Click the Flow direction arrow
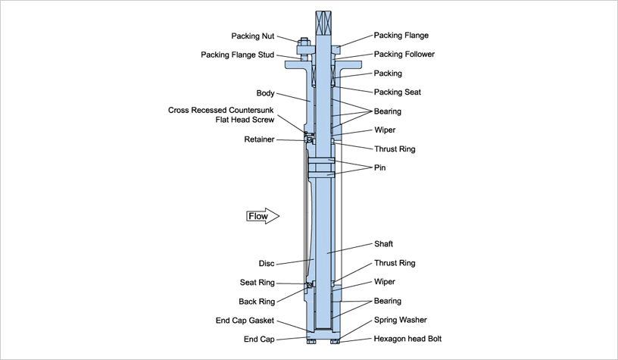click(x=263, y=217)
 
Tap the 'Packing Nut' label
click(x=254, y=36)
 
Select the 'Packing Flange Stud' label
click(x=238, y=55)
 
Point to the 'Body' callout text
click(x=265, y=93)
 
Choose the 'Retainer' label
click(x=259, y=139)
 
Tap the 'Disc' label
click(x=265, y=264)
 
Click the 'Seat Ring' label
click(x=257, y=282)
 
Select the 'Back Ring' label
click(x=256, y=301)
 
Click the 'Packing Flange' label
click(x=401, y=36)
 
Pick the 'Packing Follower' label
click(x=404, y=55)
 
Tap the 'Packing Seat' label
click(x=398, y=92)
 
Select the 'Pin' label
click(x=380, y=167)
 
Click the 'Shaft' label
click(x=385, y=244)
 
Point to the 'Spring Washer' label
click(x=401, y=321)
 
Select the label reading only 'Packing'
click(x=389, y=74)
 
